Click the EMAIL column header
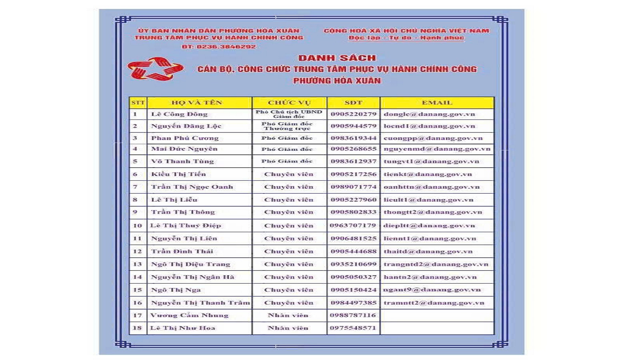437,103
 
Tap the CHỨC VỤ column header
289,103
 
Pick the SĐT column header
353,103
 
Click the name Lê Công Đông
179,114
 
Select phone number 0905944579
353,126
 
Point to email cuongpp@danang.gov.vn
433,138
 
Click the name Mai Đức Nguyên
184,149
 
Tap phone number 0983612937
353,161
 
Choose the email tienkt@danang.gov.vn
428,174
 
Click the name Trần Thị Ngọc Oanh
192,187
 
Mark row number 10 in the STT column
137,226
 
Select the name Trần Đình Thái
182,251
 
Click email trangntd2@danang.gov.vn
436,264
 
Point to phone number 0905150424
353,290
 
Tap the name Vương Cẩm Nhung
189,315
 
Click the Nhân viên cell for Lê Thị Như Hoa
288,328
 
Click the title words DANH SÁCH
337,58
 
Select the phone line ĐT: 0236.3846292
218,47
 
